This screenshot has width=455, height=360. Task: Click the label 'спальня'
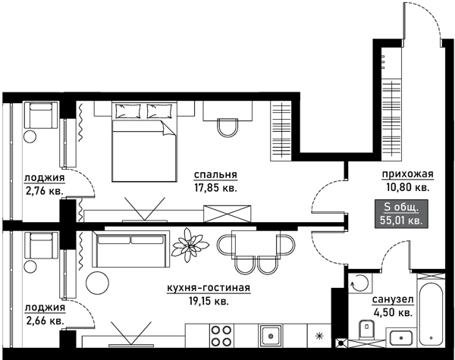pos(215,175)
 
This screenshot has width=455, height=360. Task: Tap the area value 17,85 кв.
pos(215,188)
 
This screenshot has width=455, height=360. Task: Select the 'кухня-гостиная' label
pos(209,288)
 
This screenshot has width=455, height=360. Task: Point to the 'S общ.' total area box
pos(401,214)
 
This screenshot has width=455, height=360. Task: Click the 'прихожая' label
pos(407,174)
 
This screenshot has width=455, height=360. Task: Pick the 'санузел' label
pos(393,299)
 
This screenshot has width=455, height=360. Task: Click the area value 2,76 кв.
pos(45,191)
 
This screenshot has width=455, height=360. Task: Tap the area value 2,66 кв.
pos(45,321)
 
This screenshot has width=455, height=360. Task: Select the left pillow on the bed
pos(128,111)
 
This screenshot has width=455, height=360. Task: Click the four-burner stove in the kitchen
pos(221,335)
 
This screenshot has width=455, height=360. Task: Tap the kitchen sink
pos(271,335)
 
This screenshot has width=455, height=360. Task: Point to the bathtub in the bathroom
pos(431,313)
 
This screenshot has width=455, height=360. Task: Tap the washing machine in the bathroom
pos(359,282)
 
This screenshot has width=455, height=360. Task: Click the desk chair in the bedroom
pos(228,127)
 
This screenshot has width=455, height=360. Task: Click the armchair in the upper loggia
pos(41,115)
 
